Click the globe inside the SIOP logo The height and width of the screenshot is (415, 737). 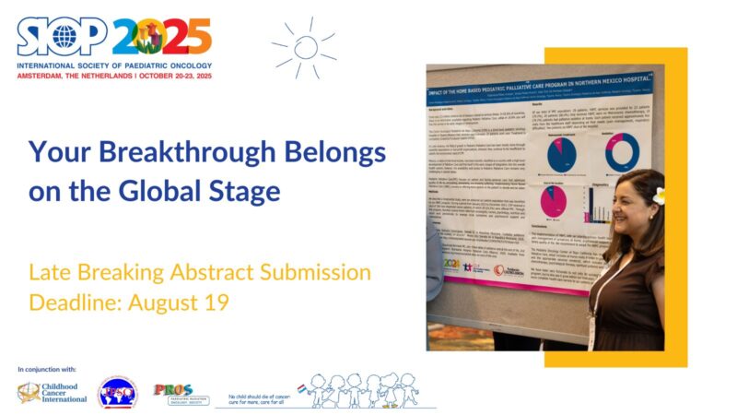pos(64,37)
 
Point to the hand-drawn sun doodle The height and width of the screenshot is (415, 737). pos(305,46)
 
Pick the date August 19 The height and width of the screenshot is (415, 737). pos(180,302)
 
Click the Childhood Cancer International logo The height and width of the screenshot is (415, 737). pos(53,393)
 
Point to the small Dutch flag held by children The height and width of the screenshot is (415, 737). pos(300,388)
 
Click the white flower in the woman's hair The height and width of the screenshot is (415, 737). pos(658,196)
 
